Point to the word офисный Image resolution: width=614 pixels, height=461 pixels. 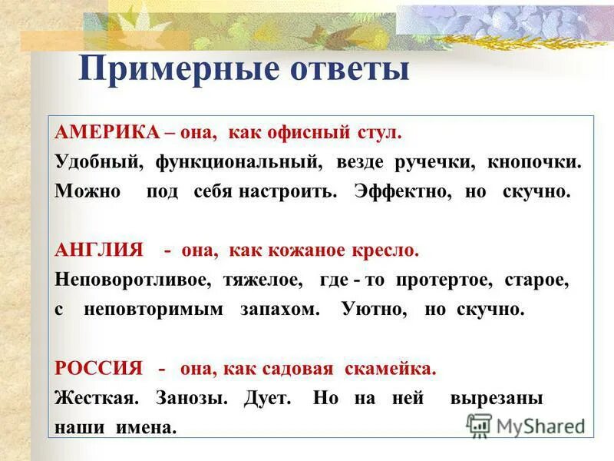(x=301, y=133)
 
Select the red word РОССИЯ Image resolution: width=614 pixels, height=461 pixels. (x=99, y=369)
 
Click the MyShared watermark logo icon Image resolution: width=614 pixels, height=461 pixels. (x=479, y=424)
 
